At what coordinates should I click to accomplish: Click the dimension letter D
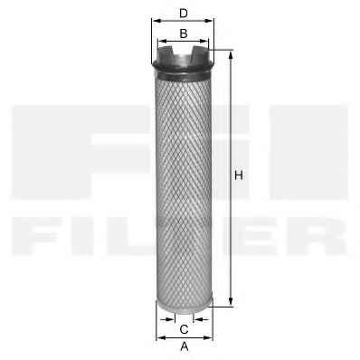coord(184,14)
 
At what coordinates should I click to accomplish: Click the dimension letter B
coord(184,33)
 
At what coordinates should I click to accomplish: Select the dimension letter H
coord(239,175)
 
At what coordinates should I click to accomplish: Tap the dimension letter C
coord(185,329)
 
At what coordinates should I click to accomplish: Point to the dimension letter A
coord(185,346)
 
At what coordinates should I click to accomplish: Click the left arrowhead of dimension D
coord(156,21)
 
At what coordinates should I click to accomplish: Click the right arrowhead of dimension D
coord(210,21)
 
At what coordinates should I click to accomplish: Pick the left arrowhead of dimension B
coord(162,41)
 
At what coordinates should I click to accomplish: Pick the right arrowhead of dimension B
coord(204,41)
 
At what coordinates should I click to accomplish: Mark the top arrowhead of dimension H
coord(231,55)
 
